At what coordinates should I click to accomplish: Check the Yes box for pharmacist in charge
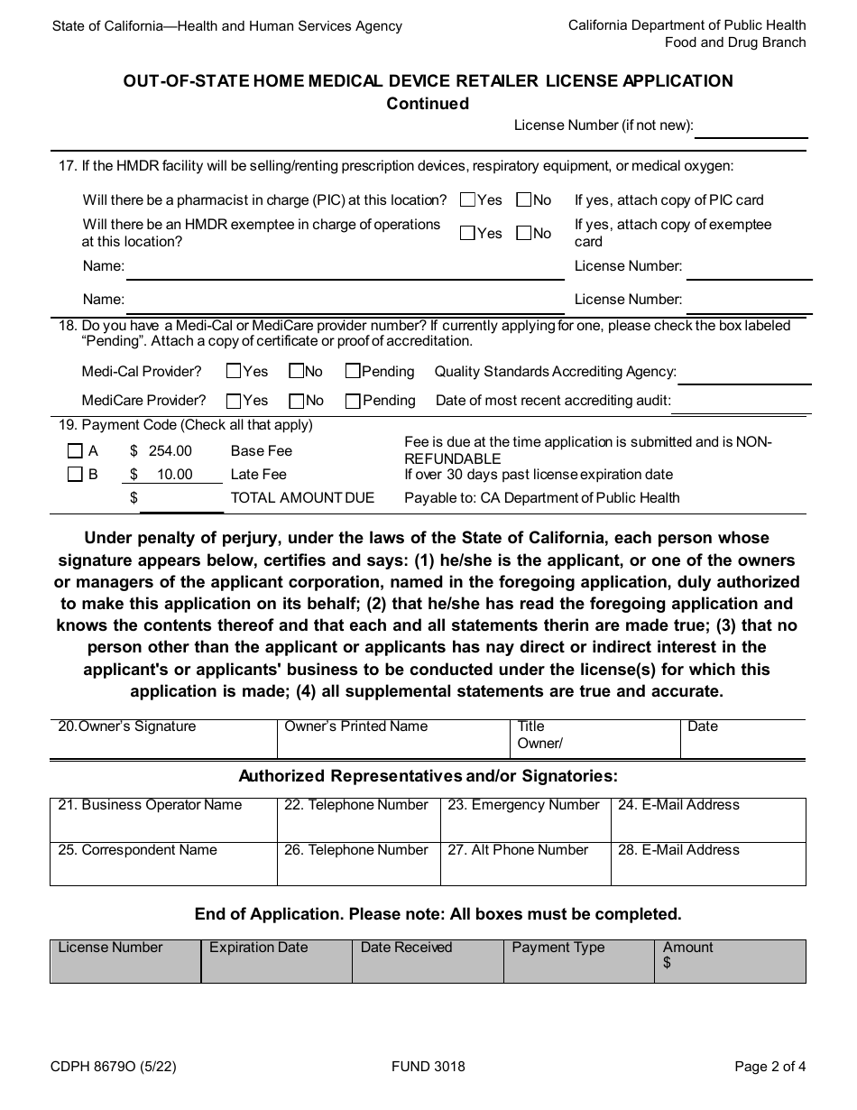(x=467, y=199)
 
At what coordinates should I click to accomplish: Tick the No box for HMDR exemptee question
(x=523, y=233)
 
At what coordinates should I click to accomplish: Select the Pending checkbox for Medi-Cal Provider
(x=354, y=371)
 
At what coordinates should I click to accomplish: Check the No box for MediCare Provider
(x=296, y=400)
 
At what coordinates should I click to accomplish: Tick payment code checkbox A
(x=76, y=450)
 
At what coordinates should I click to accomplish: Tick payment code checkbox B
(x=76, y=474)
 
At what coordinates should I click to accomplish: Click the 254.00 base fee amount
(x=170, y=450)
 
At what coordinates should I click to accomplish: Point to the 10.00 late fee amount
(x=174, y=474)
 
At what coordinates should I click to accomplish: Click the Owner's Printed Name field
(x=392, y=738)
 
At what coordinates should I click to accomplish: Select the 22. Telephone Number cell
(x=358, y=819)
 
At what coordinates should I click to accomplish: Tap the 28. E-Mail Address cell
(x=707, y=864)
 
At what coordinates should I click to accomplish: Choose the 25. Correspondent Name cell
(x=162, y=864)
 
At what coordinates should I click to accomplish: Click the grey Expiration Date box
(x=276, y=961)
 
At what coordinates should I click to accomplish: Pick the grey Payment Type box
(x=578, y=961)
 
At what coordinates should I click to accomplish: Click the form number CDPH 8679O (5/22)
(x=114, y=1066)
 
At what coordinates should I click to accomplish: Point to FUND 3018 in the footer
(x=428, y=1066)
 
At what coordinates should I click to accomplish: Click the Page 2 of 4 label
(x=769, y=1066)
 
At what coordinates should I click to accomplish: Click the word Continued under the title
(x=428, y=104)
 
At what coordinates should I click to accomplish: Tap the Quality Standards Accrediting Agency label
(x=555, y=371)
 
